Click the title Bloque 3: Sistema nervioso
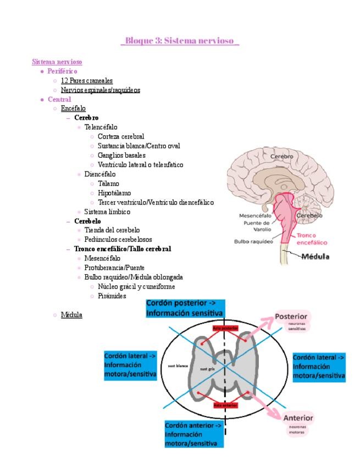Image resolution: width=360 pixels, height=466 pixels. [x=180, y=41]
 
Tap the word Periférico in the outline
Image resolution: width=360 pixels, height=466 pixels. [x=62, y=71]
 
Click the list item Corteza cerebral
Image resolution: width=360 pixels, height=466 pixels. [x=121, y=136]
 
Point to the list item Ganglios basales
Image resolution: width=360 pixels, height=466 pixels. [x=121, y=155]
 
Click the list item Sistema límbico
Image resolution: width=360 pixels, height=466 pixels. [x=107, y=212]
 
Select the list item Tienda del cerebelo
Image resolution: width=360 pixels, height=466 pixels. [x=112, y=230]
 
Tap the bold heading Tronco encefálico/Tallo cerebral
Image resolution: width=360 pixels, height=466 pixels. [x=123, y=249]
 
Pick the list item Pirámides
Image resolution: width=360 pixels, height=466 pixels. [x=112, y=296]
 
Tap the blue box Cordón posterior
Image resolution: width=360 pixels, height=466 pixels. [x=185, y=308]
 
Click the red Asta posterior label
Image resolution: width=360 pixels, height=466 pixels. [x=225, y=328]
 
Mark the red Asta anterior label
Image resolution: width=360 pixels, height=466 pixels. [x=225, y=405]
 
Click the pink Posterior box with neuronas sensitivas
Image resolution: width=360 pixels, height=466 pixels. [x=292, y=321]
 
